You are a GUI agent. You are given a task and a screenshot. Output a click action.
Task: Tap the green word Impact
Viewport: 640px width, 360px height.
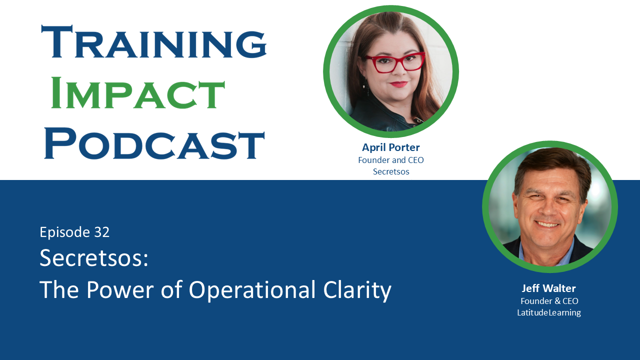tap(138, 93)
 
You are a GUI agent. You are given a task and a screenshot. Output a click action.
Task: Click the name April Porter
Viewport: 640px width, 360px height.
tap(390, 147)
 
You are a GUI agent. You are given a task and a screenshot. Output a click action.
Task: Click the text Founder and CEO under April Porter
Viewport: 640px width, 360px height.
tap(390, 160)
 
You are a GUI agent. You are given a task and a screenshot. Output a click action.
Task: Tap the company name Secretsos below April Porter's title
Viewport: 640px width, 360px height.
tap(390, 171)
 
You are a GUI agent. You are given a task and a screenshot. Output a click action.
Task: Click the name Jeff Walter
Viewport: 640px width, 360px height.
tap(548, 288)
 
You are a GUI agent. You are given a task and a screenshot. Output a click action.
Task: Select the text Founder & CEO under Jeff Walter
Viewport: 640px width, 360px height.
tap(549, 301)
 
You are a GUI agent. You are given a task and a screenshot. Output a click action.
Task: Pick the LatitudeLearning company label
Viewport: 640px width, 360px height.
tap(548, 312)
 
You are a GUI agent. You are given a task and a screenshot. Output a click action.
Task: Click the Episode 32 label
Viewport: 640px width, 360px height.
tap(74, 232)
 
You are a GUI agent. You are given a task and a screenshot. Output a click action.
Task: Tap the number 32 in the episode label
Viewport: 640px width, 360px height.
tap(101, 232)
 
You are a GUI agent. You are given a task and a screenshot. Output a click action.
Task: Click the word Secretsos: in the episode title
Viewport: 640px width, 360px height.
tap(94, 258)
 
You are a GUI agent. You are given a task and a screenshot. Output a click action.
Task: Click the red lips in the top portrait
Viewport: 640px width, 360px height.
tap(398, 84)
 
